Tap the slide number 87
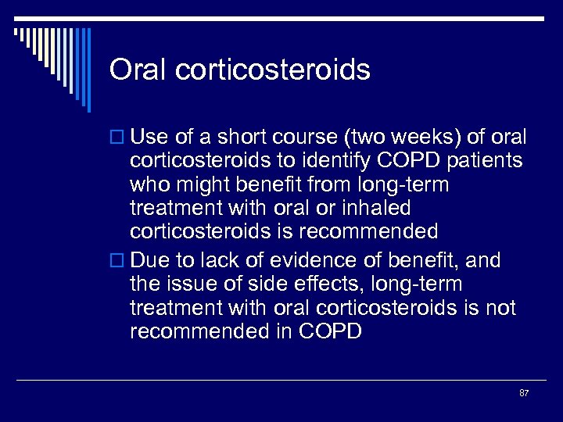[524, 392]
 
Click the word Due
[148, 260]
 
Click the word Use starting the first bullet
[148, 138]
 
